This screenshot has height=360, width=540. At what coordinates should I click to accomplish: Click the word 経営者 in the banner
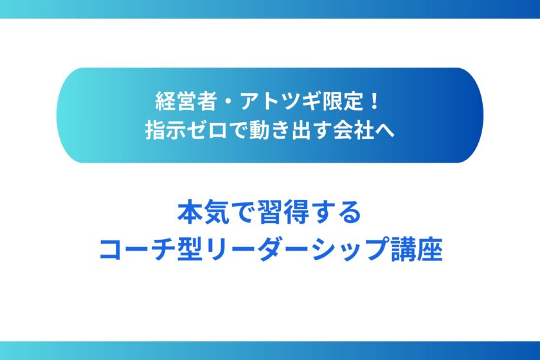point(186,102)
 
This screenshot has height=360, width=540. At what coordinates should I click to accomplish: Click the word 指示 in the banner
point(165,130)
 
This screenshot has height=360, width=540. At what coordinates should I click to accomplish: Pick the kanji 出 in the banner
point(302,130)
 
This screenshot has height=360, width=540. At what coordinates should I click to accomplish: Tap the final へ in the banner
point(384,131)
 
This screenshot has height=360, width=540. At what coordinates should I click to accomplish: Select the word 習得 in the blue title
point(283,213)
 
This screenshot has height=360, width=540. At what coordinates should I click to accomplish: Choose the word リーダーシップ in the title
point(297,249)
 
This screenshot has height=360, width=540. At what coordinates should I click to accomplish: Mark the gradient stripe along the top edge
point(270,9)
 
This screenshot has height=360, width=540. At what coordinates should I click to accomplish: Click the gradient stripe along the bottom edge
point(270,351)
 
